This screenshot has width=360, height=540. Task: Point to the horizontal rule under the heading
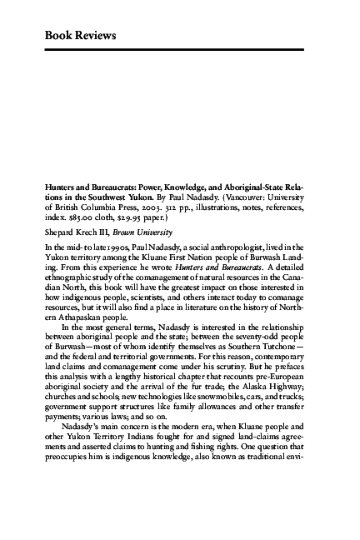(x=179, y=50)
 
